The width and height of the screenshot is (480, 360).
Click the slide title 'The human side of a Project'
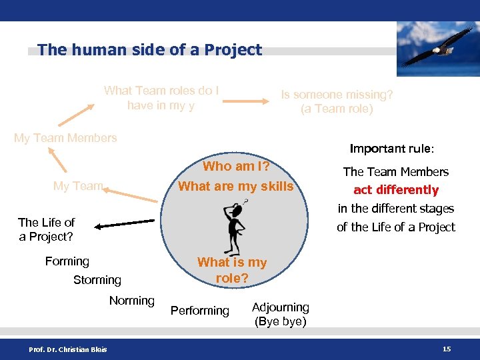tap(150, 50)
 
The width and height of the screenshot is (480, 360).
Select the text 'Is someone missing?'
tap(337, 95)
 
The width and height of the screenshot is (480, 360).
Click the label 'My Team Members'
tap(65, 138)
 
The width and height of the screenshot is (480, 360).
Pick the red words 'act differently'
tap(396, 190)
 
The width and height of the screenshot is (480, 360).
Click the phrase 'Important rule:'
tap(391, 149)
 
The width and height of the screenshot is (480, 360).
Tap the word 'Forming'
tap(67, 261)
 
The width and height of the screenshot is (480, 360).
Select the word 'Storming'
tap(97, 280)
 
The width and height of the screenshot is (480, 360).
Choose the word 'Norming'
tap(131, 301)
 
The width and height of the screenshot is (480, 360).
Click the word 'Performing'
tap(199, 311)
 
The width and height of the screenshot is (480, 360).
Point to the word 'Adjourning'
tap(280, 307)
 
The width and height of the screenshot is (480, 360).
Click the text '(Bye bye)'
tap(280, 321)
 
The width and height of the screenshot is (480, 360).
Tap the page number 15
tap(446, 349)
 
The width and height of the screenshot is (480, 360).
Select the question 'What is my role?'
tap(231, 270)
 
